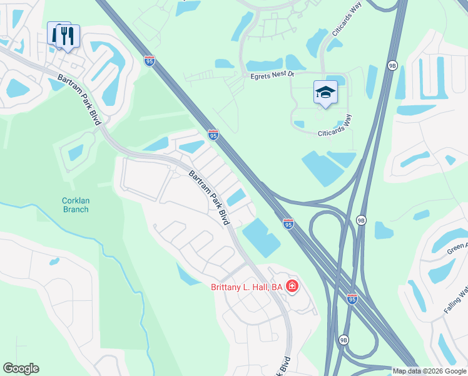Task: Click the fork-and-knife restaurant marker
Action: tap(63, 34)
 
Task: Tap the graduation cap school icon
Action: tap(325, 93)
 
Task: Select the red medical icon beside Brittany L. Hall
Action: tap(292, 287)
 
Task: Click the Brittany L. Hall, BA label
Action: tap(247, 287)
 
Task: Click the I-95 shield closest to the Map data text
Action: tap(352, 300)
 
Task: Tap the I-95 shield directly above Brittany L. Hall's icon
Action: tap(288, 223)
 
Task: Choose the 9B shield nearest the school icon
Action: tap(392, 65)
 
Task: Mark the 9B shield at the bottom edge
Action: tap(343, 340)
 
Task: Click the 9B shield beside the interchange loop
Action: tap(361, 220)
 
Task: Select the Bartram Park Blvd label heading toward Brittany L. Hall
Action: tap(209, 197)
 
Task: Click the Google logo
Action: tap(21, 368)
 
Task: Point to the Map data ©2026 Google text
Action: tap(429, 371)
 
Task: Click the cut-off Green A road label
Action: tap(457, 249)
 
